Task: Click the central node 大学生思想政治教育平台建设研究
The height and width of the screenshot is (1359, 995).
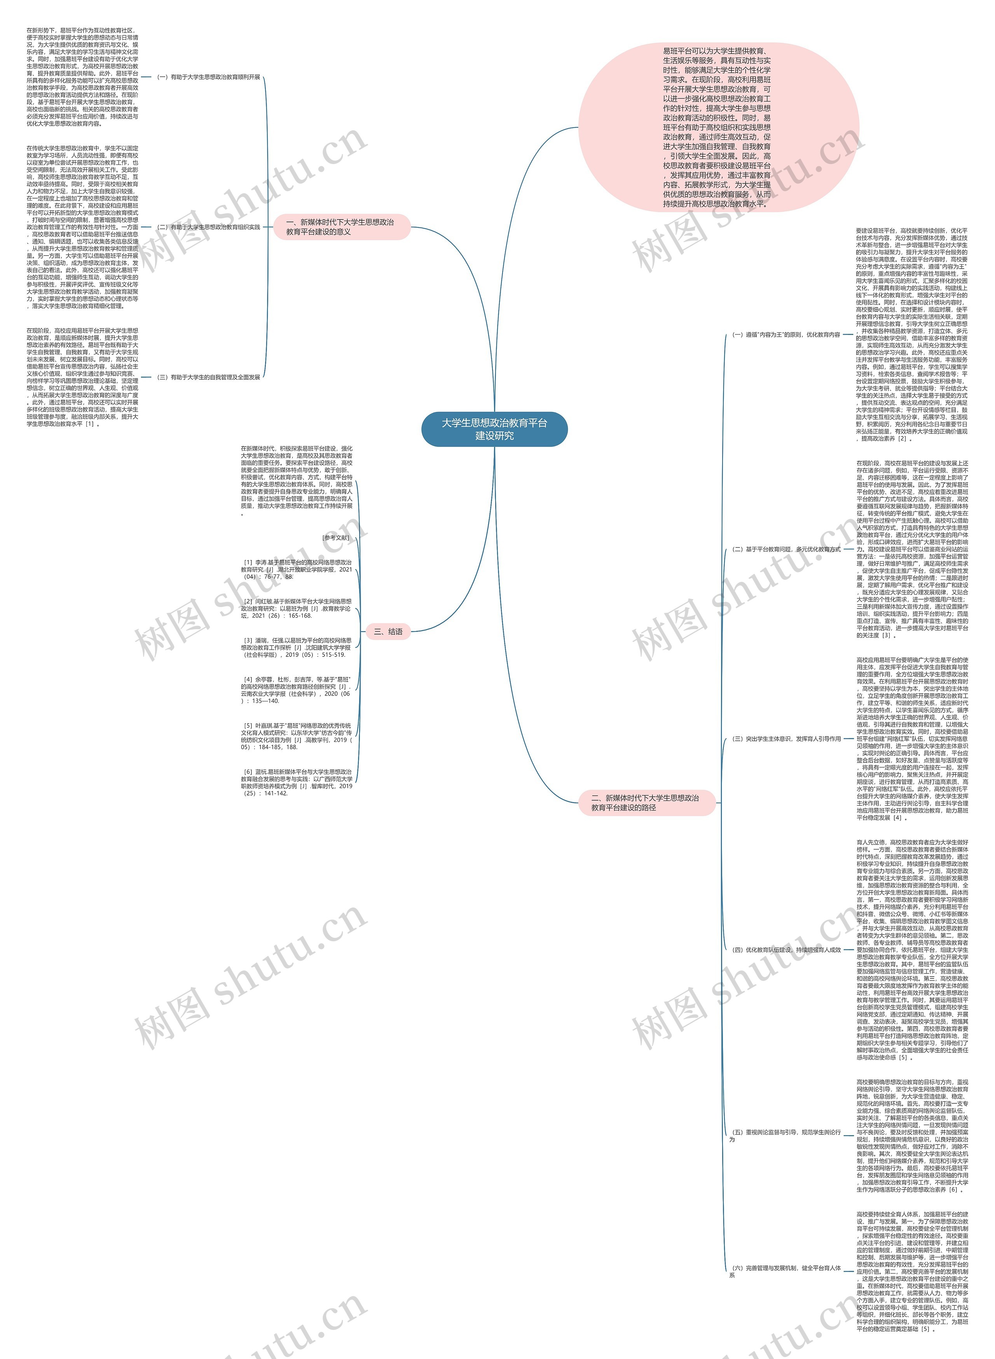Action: tap(494, 429)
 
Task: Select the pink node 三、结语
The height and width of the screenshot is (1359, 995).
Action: tap(388, 632)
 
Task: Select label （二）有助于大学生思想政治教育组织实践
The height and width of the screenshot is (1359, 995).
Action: tap(208, 228)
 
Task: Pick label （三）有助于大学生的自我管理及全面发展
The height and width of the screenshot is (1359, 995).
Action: tap(208, 377)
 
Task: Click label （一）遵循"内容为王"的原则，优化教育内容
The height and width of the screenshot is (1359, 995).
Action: tap(786, 335)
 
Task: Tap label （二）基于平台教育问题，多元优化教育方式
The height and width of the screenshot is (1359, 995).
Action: tap(786, 550)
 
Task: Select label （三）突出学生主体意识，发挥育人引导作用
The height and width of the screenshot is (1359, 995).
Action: tap(786, 739)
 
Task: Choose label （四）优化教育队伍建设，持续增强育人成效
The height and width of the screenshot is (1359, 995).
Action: tap(786, 949)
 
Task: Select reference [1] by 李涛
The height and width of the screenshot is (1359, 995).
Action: tap(296, 569)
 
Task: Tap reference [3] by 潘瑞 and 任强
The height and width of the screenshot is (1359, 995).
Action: tap(296, 647)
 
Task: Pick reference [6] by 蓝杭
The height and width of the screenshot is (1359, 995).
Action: tap(296, 782)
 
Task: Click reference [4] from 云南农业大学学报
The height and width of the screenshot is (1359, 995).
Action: tap(296, 690)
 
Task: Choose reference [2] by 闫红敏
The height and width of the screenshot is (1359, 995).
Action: tap(296, 608)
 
